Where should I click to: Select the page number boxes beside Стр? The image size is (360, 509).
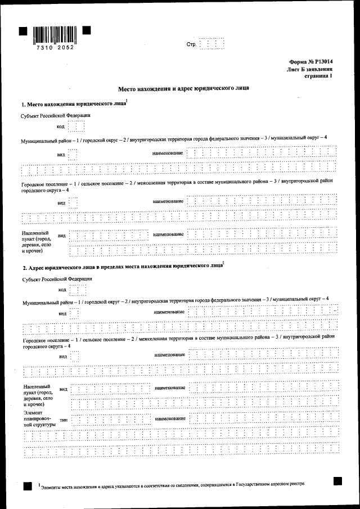[212, 44]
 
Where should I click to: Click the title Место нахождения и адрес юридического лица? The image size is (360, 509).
[183, 89]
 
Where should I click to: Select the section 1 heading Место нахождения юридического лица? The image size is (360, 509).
[73, 105]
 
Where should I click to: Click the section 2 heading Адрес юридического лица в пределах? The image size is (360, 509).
[121, 267]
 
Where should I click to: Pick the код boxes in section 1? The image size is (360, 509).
[76, 127]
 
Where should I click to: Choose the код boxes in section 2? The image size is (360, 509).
[77, 290]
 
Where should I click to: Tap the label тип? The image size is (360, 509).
[63, 420]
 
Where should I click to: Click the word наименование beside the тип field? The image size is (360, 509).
[170, 419]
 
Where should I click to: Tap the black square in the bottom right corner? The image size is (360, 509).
[337, 481]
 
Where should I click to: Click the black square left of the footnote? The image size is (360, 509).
[27, 487]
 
